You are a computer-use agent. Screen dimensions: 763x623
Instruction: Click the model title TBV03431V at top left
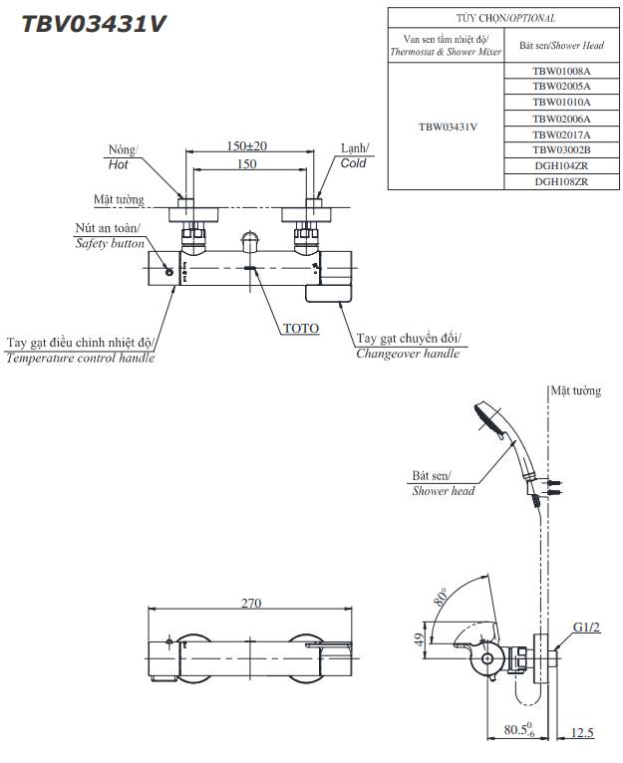94,24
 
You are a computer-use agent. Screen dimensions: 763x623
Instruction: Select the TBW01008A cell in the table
560,71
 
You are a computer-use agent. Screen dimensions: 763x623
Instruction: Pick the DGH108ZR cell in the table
560,181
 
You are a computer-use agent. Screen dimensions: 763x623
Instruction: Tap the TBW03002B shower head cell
560,149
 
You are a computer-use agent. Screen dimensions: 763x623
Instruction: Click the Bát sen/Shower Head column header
560,45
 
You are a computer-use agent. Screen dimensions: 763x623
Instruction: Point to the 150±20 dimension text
247,146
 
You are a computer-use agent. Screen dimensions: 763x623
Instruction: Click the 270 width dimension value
250,604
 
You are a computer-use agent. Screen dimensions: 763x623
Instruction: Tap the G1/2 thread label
587,628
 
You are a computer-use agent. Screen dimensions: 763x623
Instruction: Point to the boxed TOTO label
300,328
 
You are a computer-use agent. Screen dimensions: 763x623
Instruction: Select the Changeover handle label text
408,354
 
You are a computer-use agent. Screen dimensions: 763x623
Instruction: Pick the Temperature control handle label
80,359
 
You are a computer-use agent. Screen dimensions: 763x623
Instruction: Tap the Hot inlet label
119,164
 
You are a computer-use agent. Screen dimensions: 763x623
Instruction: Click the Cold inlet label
353,163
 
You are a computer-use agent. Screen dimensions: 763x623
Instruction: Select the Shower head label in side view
443,491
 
